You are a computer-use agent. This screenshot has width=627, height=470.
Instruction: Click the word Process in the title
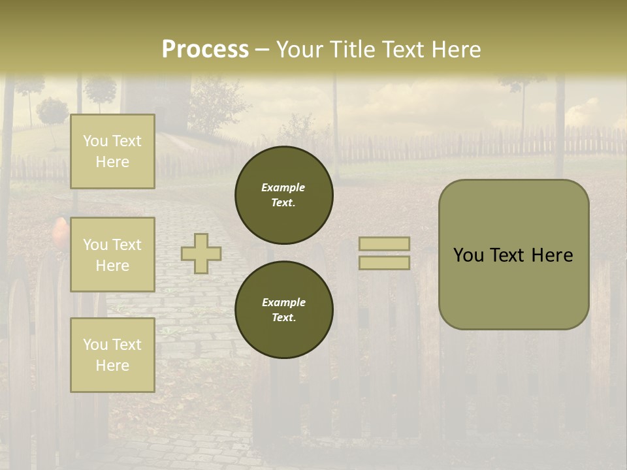[205, 50]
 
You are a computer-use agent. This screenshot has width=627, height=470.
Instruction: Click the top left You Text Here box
[112, 151]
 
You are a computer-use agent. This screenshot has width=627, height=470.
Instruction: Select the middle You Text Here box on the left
[112, 255]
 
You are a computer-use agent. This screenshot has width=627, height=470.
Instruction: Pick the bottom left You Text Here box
[112, 354]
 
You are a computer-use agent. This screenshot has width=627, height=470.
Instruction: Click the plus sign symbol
[201, 253]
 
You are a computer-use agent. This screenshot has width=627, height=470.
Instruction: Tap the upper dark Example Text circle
[283, 195]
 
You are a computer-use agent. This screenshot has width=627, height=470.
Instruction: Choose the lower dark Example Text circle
[283, 309]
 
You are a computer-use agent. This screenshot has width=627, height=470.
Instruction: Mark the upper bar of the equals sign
[384, 243]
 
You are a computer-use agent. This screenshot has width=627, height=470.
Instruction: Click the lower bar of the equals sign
[384, 262]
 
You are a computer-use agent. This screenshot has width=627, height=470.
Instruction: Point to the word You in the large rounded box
[468, 255]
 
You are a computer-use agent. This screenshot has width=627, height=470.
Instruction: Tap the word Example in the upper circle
[283, 187]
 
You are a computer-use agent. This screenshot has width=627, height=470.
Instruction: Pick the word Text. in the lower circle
[283, 317]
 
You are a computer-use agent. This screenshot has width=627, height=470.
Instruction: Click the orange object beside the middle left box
[59, 231]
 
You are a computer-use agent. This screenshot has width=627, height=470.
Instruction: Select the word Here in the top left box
[112, 162]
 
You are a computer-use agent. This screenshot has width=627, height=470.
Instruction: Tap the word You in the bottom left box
[95, 345]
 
